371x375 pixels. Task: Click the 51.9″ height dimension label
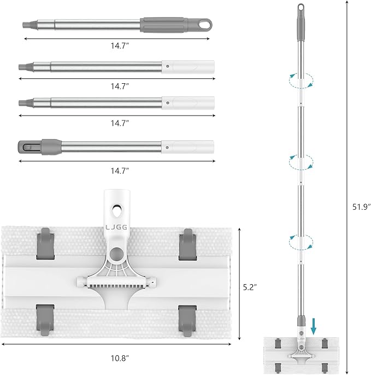tap(362, 206)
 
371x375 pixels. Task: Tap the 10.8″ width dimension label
tap(120, 358)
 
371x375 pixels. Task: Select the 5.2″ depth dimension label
tap(250, 287)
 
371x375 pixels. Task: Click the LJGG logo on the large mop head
tap(116, 227)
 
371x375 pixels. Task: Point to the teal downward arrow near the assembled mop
tap(314, 326)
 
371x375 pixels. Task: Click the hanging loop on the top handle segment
tap(205, 25)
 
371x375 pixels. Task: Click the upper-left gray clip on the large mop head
tap(45, 244)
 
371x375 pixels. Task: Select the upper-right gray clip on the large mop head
tap(187, 244)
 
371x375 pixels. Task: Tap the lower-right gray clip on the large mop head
tap(187, 321)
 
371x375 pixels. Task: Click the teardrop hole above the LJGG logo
tap(117, 211)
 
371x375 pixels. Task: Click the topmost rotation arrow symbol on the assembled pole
tap(301, 81)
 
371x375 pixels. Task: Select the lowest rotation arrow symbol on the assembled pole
tap(301, 243)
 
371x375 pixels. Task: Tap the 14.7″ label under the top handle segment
tap(120, 45)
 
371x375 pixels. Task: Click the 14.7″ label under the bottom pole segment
tap(120, 171)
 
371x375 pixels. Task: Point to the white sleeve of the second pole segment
tap(188, 67)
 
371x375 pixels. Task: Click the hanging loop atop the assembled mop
tap(301, 8)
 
